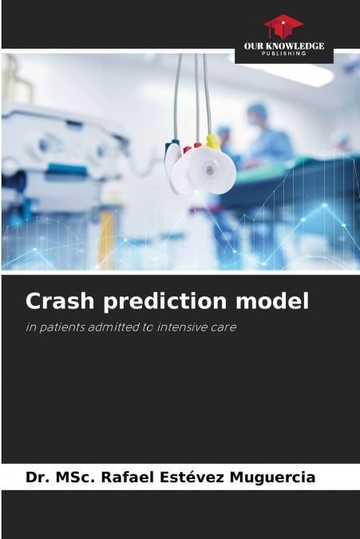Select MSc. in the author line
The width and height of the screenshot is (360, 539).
tap(77, 477)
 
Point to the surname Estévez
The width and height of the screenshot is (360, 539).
tap(192, 477)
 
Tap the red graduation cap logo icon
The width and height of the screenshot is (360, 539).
tap(283, 26)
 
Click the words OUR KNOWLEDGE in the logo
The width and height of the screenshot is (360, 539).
tap(283, 46)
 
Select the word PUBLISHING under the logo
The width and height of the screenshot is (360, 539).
tap(283, 54)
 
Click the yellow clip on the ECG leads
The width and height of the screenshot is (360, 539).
tap(212, 142)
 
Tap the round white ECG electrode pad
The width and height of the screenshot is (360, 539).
tap(204, 169)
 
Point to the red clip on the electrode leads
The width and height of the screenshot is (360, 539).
tap(187, 149)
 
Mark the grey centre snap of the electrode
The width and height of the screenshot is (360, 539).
tap(208, 169)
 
